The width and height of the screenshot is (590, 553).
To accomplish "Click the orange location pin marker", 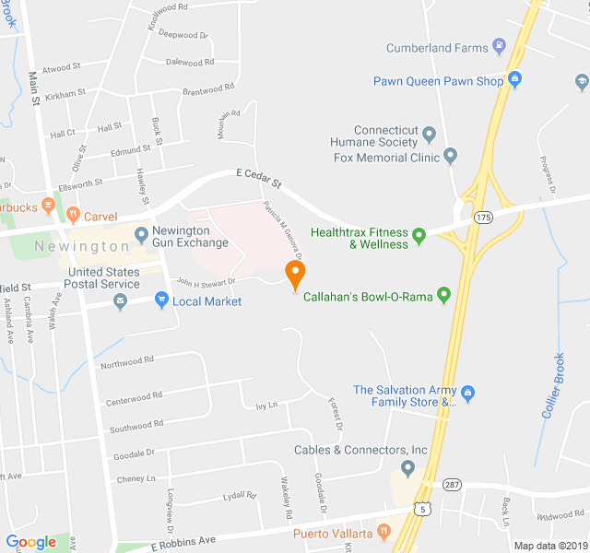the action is click(294, 274).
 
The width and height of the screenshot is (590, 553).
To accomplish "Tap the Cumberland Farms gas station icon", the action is click(499, 45).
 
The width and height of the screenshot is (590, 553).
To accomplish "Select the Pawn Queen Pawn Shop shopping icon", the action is click(514, 80).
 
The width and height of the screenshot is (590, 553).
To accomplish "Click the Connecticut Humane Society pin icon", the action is click(429, 136).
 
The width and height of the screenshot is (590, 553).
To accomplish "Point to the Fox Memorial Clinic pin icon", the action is click(450, 156).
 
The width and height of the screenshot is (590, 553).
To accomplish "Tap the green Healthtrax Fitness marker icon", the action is click(419, 237).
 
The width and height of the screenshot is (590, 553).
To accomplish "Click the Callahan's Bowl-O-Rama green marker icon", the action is click(443, 295).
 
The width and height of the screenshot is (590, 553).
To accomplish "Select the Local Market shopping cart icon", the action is click(161, 300).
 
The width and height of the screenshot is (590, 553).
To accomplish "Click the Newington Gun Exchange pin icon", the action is click(141, 235).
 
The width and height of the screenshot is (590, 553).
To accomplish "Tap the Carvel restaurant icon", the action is click(72, 216).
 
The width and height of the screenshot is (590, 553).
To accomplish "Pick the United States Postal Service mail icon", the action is click(121, 302).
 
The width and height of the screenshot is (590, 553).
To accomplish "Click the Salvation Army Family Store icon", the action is click(467, 394).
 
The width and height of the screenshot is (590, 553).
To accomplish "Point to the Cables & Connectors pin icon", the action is click(407, 467).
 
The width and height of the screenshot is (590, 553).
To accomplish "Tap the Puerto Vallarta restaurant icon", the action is click(384, 533).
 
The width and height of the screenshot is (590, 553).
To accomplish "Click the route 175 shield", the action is click(484, 216).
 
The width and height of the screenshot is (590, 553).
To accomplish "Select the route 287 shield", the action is click(451, 483).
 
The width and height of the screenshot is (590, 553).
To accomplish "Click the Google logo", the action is click(31, 542).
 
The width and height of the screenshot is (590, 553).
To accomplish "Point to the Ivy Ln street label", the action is click(266, 405).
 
